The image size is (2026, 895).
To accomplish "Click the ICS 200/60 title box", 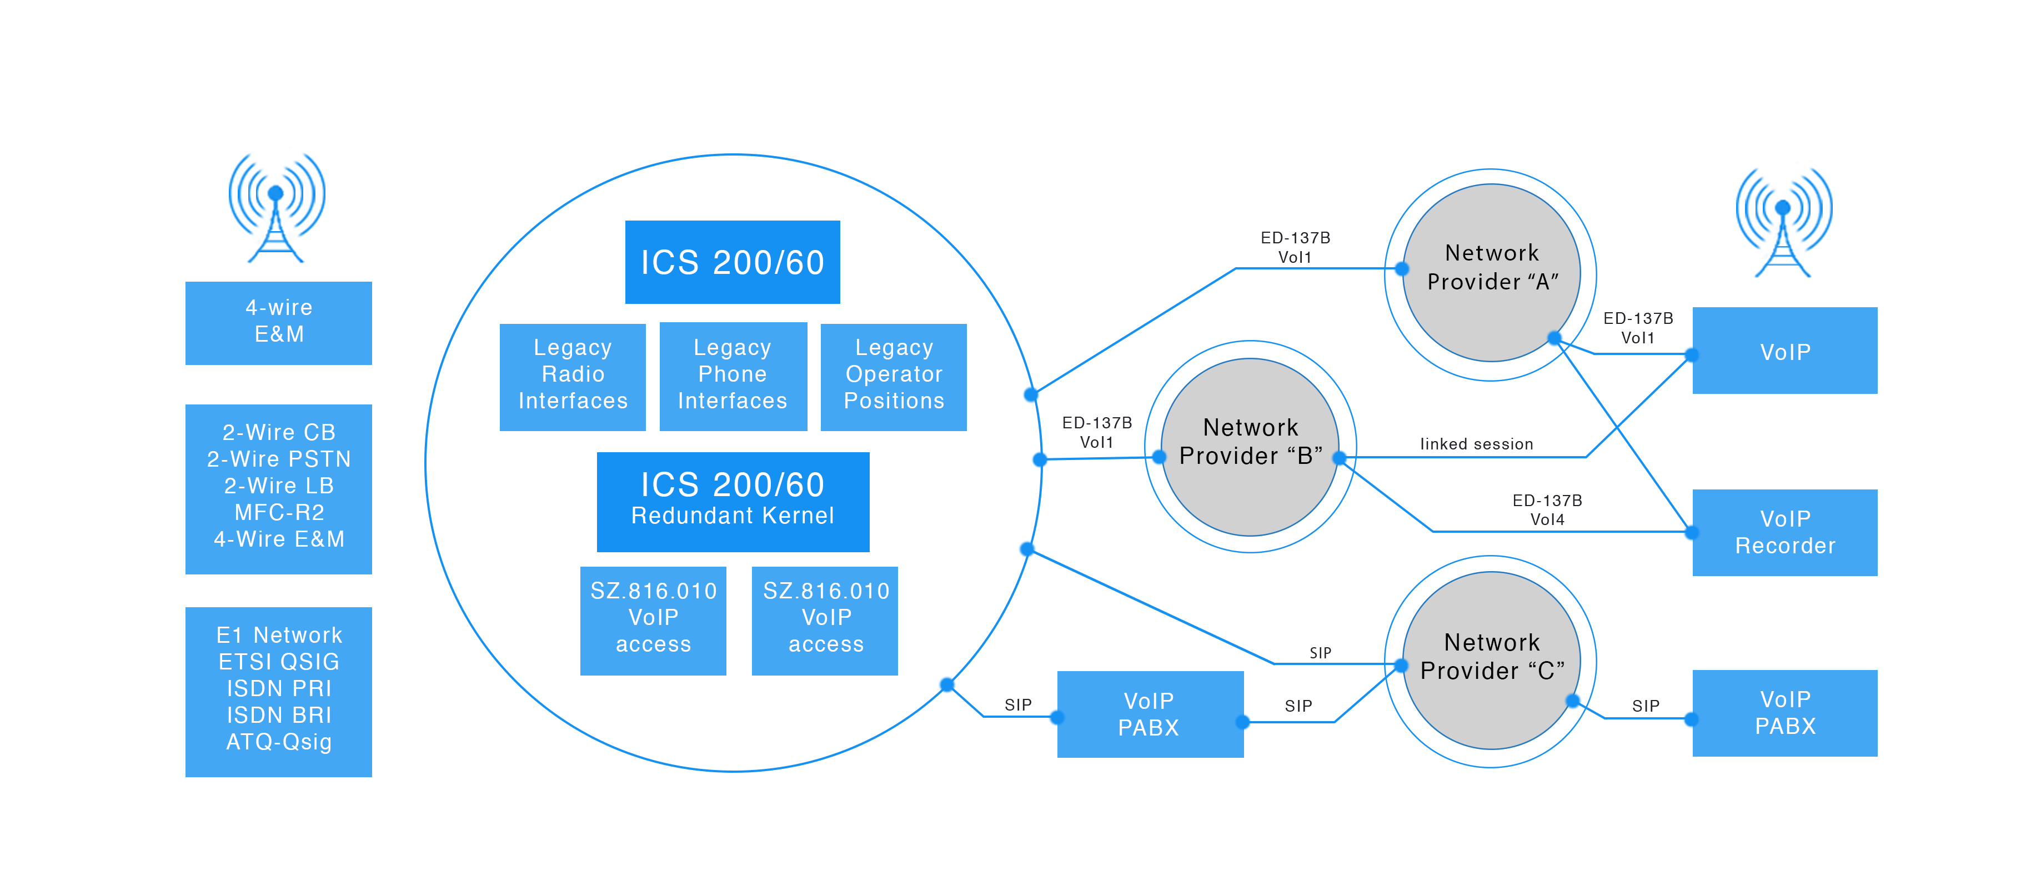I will tap(732, 262).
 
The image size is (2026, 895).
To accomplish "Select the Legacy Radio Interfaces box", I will tap(573, 376).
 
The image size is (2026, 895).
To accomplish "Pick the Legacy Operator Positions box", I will tap(894, 376).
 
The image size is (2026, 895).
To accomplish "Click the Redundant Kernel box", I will tap(732, 501).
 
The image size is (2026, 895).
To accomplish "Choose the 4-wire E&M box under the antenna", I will tap(278, 322).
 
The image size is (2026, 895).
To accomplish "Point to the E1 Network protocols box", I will tap(278, 691).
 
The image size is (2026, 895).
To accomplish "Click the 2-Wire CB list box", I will tap(278, 488).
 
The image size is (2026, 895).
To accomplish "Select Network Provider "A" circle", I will tap(1491, 272).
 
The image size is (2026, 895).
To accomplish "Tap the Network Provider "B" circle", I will tap(1250, 446).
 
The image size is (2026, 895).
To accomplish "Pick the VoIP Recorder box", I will tap(1784, 532).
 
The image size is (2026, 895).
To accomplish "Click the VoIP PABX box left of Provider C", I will tap(1149, 714).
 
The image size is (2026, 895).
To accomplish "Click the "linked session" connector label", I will tap(1476, 444).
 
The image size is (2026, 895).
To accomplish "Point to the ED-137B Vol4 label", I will tap(1547, 509).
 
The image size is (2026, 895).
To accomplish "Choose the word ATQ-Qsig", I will tap(278, 742).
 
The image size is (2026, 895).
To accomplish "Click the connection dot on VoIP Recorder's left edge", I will tap(1689, 532).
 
